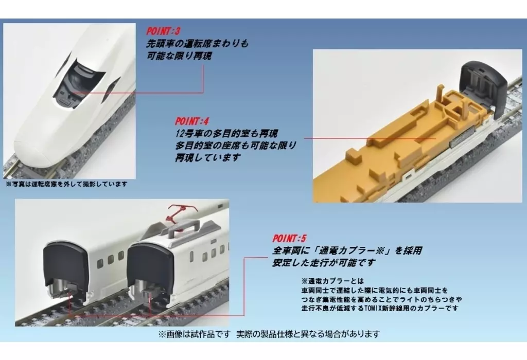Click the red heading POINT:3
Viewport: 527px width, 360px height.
tap(163, 31)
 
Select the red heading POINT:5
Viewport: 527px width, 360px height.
tap(289, 239)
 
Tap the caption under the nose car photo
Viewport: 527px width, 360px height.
tap(66, 184)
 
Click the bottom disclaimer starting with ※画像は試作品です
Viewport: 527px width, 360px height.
tap(269, 334)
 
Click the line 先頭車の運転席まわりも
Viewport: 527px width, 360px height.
tap(197, 44)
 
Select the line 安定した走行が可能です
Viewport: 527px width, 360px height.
tap(324, 263)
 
